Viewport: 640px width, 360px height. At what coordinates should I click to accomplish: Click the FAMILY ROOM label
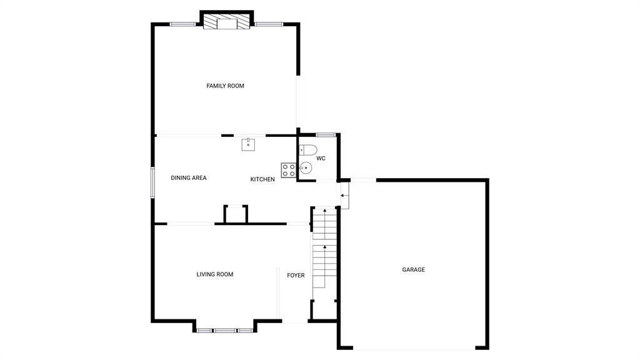coord(225,86)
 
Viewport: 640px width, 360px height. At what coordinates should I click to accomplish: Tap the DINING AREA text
coord(189,178)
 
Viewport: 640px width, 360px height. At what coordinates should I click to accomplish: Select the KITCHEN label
coord(262,179)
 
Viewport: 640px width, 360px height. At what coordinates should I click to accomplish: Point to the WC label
coord(321,158)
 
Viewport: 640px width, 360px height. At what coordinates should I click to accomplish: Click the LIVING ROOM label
coord(215,274)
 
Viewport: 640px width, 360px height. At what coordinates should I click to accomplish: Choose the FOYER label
coord(296,276)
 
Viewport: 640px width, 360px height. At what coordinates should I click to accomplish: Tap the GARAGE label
coord(414,270)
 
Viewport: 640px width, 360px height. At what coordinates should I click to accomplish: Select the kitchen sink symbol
coord(248,144)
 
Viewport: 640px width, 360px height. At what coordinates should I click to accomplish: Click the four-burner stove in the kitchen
coord(288,170)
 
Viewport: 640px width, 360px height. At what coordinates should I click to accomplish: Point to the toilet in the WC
coord(307,150)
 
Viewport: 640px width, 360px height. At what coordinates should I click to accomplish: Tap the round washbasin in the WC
coord(305,167)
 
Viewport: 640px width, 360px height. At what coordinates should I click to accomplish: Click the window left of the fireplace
coord(182,24)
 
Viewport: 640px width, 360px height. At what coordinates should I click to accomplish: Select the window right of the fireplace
coord(269,24)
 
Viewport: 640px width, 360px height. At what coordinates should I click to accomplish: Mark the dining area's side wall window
coord(153,182)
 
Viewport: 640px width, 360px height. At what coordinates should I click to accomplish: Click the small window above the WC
coord(326,135)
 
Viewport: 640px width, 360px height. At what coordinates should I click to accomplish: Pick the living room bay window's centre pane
coord(225,331)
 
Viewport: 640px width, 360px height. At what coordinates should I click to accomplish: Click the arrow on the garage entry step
coord(344,196)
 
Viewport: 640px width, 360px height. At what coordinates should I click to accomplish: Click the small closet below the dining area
coord(236,215)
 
